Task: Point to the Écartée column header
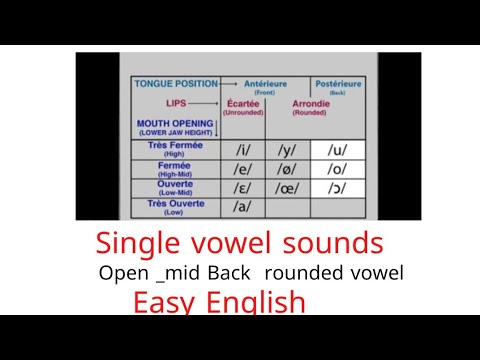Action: (x=243, y=106)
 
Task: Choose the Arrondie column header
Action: (x=311, y=106)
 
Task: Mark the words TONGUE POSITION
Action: (x=174, y=84)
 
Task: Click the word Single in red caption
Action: (x=137, y=243)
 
